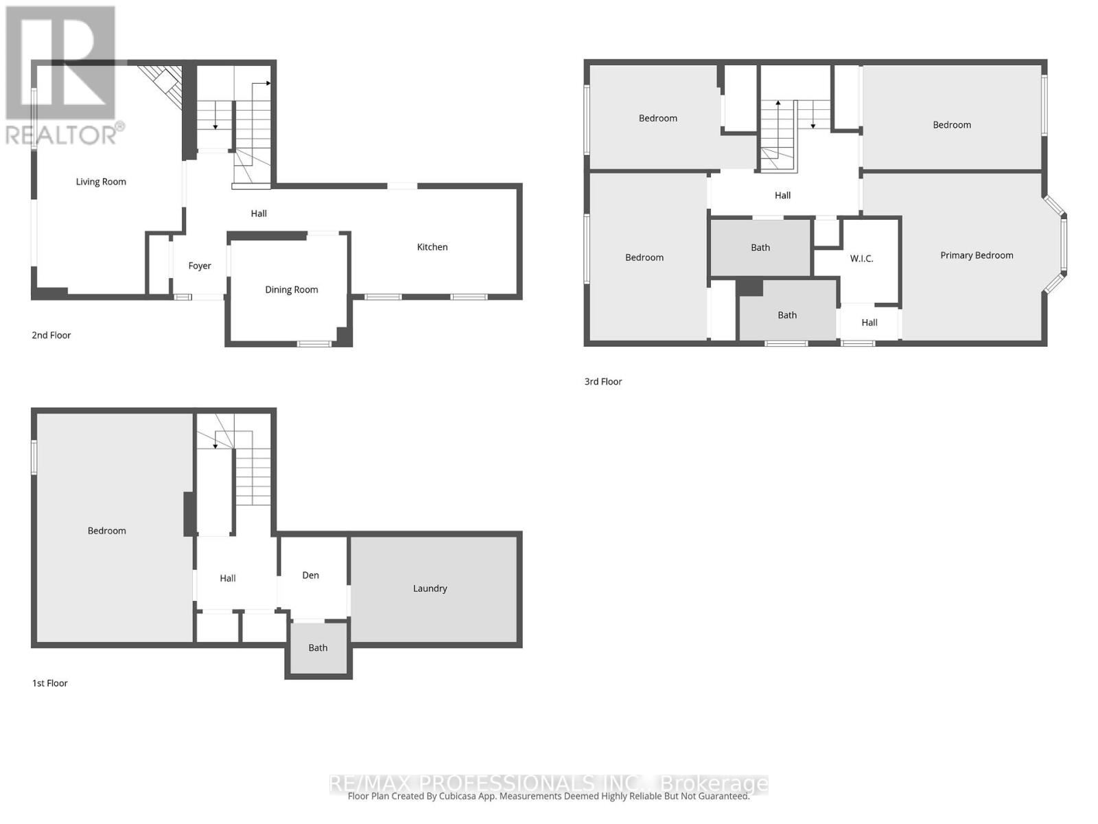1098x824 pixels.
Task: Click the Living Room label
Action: tap(101, 182)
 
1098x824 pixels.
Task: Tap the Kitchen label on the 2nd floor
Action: tap(432, 247)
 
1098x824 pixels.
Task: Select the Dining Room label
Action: tap(292, 290)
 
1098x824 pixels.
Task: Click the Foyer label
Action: tap(200, 266)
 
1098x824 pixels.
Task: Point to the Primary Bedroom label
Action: tap(977, 255)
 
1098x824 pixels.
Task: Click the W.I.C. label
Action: tap(861, 259)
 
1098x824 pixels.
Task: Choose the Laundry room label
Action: tap(430, 588)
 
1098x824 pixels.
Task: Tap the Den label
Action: tap(311, 575)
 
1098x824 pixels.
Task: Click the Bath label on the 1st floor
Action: tap(318, 648)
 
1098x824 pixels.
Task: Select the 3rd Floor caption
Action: tap(603, 382)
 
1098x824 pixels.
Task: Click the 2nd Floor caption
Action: tap(51, 335)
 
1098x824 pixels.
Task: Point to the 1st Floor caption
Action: tap(50, 683)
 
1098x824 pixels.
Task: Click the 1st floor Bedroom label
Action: tap(107, 531)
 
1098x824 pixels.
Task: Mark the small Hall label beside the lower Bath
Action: tap(869, 323)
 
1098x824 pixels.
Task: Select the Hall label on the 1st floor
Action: tap(228, 579)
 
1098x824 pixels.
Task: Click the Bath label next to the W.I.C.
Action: tap(760, 248)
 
